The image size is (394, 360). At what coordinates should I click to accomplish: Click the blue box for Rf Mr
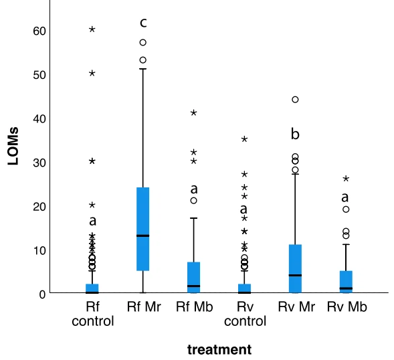142,229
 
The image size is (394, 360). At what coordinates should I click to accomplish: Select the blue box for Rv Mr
295,269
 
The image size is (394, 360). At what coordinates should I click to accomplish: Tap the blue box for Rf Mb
193,277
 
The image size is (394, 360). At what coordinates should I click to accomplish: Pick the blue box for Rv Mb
346,282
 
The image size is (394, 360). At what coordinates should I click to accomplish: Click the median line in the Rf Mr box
142,236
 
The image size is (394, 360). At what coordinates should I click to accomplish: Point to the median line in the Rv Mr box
295,276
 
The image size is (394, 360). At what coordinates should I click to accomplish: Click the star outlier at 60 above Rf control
92,29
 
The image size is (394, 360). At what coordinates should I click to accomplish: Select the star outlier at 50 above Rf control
92,73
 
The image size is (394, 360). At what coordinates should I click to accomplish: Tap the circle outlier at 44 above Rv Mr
295,100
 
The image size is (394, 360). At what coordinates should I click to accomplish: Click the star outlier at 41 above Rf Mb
193,112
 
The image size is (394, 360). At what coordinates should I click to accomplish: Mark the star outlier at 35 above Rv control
245,139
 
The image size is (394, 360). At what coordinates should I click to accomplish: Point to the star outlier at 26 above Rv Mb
346,179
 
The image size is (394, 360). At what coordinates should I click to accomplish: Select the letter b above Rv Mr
295,134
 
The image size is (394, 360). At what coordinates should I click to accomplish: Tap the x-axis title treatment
219,349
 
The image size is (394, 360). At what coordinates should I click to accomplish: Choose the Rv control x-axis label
244,314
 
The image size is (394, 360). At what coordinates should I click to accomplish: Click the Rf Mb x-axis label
193,307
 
